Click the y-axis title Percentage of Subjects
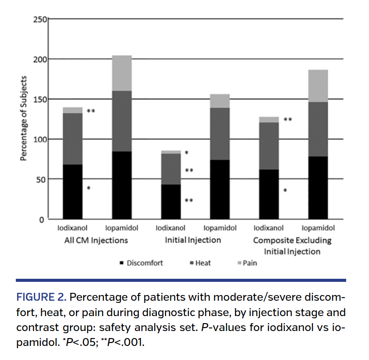(x=24, y=119)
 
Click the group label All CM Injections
(x=96, y=240)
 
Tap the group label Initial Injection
(x=193, y=240)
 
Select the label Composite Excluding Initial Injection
(x=292, y=246)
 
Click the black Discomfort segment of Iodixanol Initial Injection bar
(x=171, y=202)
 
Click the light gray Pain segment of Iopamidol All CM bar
(x=122, y=73)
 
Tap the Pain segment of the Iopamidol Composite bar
(x=318, y=86)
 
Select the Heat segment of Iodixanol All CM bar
(x=73, y=139)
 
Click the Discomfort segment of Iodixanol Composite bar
(x=269, y=194)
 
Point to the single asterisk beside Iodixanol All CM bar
(x=88, y=189)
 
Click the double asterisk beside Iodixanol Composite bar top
(x=288, y=120)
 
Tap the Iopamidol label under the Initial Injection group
(x=220, y=228)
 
